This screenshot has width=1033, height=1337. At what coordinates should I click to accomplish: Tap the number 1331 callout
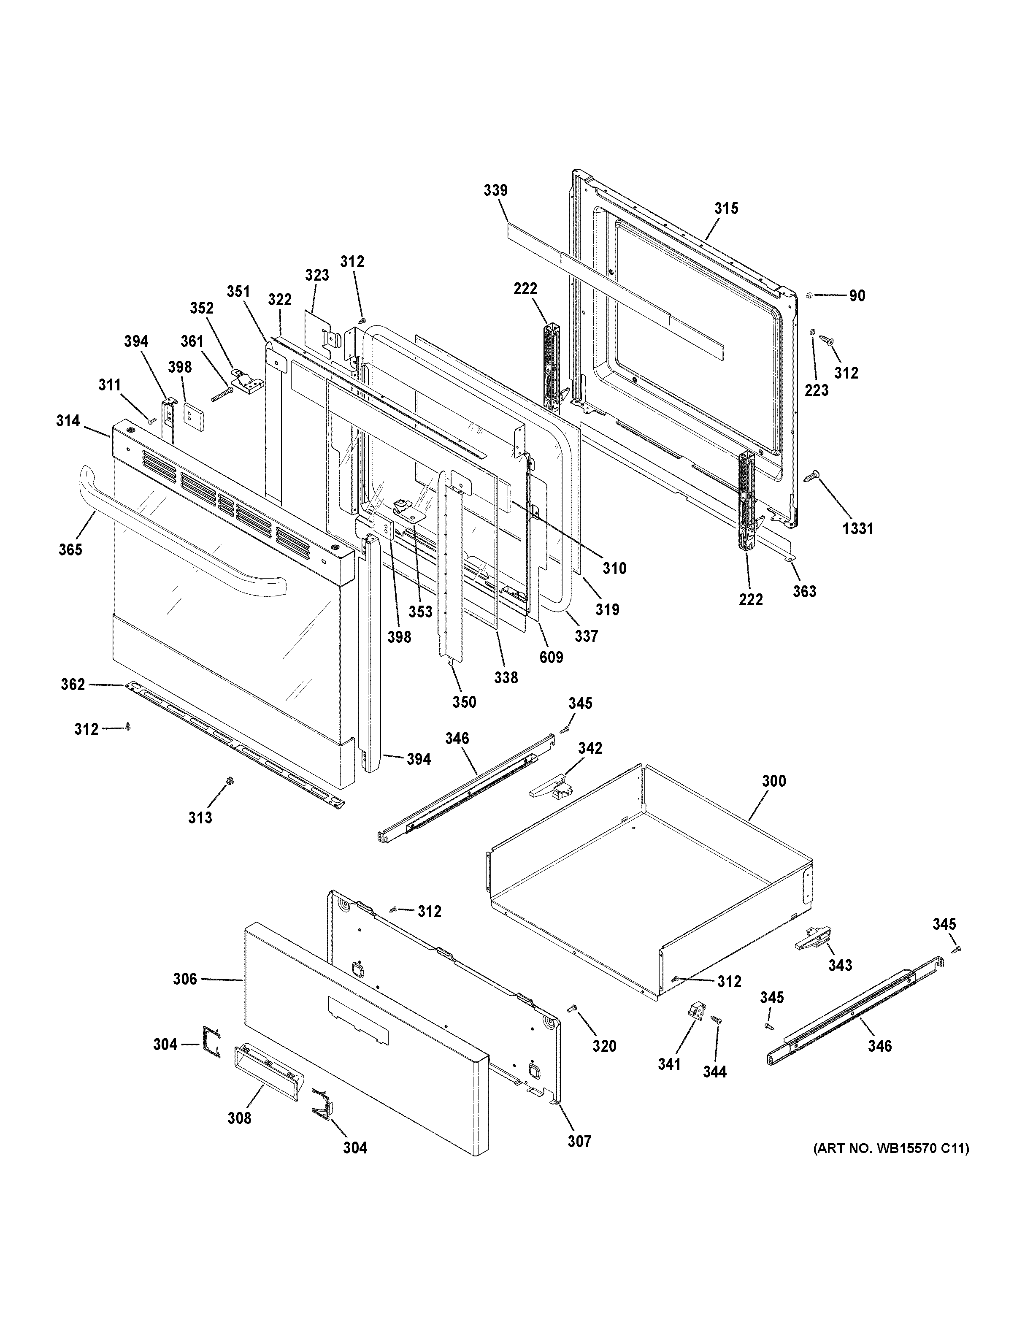click(x=857, y=529)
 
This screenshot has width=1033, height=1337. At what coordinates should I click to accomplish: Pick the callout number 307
click(x=579, y=1141)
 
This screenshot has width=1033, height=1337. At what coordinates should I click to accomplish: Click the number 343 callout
click(x=840, y=966)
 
